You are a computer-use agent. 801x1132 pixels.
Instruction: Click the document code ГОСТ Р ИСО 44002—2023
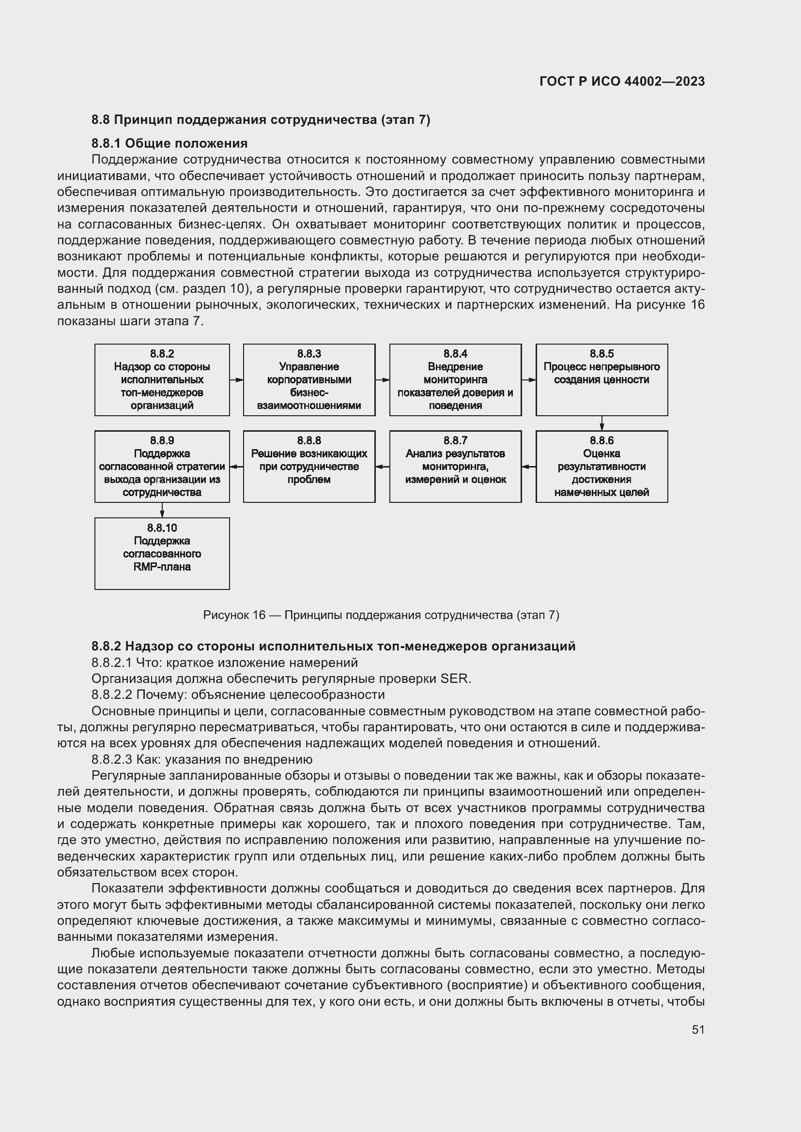(621, 81)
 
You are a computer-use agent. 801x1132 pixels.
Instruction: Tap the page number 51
(698, 1029)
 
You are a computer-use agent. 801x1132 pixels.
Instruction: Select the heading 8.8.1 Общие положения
(169, 143)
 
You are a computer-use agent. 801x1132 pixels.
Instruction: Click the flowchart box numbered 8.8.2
(162, 379)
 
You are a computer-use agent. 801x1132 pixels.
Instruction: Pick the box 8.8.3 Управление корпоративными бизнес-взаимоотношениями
(309, 379)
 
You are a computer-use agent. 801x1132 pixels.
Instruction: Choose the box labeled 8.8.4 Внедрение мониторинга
(455, 379)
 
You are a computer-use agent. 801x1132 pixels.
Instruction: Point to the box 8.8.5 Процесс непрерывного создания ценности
(601, 379)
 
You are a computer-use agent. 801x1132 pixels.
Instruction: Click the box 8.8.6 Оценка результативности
(601, 467)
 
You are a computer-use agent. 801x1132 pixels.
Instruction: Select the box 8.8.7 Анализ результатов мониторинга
(455, 467)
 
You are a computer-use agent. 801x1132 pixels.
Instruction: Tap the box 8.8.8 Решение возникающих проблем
(309, 467)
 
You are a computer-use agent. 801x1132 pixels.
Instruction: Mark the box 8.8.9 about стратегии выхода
(162, 467)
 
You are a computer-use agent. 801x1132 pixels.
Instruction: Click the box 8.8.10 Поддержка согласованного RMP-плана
(162, 553)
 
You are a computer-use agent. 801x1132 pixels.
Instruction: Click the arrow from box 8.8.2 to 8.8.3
(236, 379)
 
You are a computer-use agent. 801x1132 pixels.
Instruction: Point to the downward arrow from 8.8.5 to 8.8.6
(602, 423)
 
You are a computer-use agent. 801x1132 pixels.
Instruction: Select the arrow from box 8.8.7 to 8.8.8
(382, 467)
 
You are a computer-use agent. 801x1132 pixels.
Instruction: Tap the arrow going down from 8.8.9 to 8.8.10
(162, 510)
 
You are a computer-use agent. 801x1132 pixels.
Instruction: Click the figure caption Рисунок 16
(381, 615)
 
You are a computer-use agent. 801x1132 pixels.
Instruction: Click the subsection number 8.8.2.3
(112, 759)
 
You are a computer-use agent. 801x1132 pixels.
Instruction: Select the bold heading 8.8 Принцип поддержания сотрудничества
(261, 120)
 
